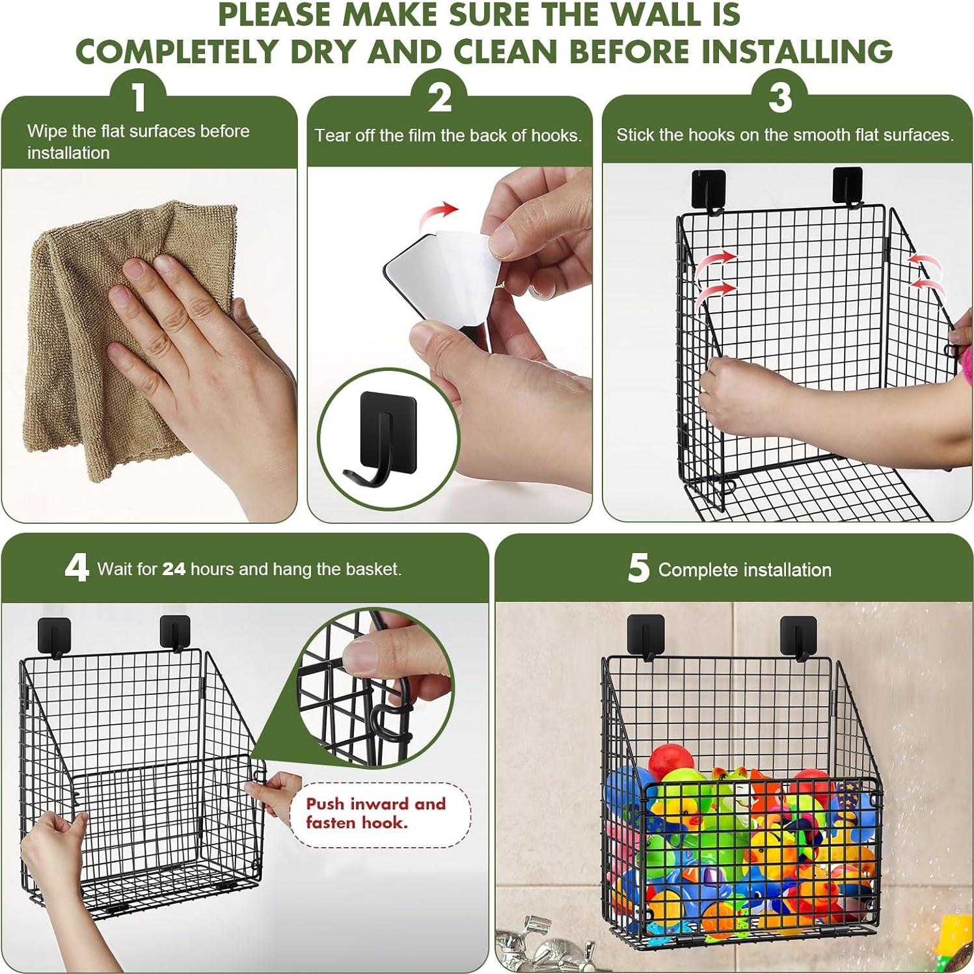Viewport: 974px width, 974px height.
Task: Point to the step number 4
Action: (x=76, y=567)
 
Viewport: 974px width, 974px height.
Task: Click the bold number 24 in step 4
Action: (x=174, y=569)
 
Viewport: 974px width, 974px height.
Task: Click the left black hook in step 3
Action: (x=709, y=189)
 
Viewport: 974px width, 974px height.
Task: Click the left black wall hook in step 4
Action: (x=54, y=636)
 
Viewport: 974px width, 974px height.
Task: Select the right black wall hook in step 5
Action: (x=798, y=636)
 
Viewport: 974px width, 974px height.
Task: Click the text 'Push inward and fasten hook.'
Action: (x=376, y=813)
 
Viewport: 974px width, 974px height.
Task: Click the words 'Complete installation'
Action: (x=744, y=570)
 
